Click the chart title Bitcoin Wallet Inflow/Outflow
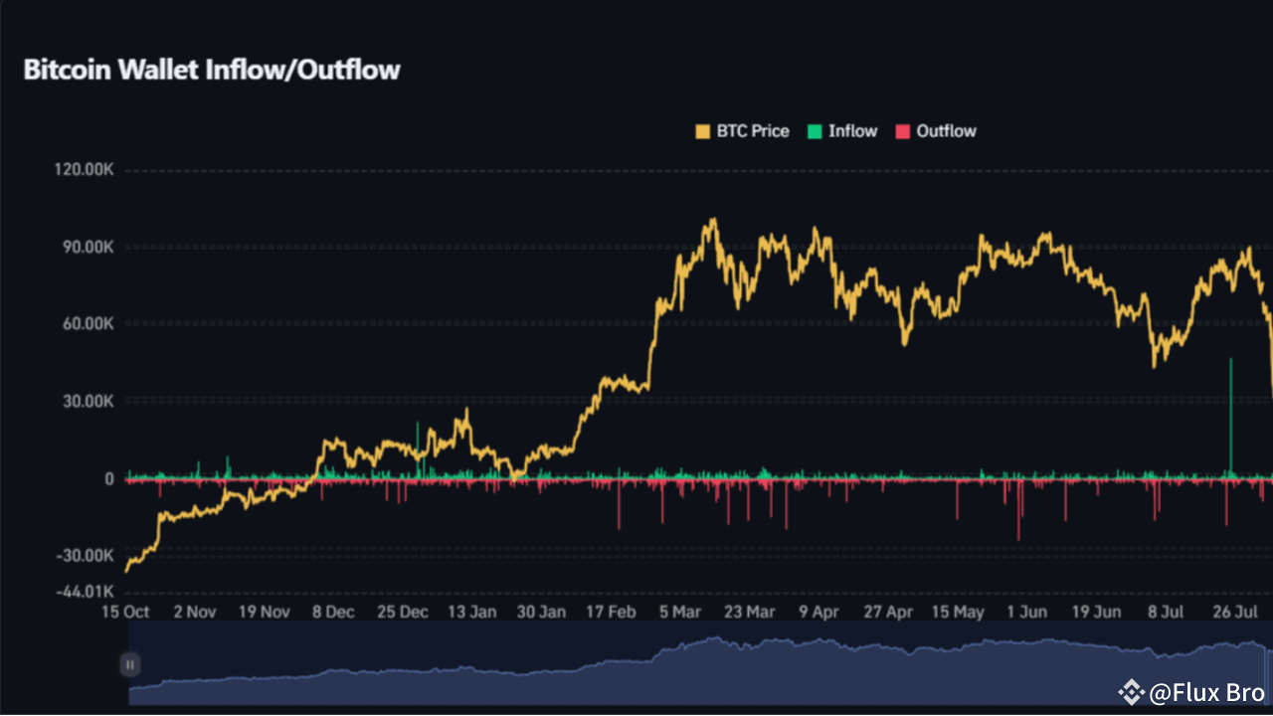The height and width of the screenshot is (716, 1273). point(211,71)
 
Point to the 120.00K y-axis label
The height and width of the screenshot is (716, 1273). point(84,171)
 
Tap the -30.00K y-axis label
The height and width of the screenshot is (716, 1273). point(86,556)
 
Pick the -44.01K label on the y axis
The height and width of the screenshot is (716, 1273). point(86,592)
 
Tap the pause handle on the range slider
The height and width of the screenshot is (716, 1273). point(130,664)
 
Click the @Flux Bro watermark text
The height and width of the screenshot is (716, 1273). point(1206,692)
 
